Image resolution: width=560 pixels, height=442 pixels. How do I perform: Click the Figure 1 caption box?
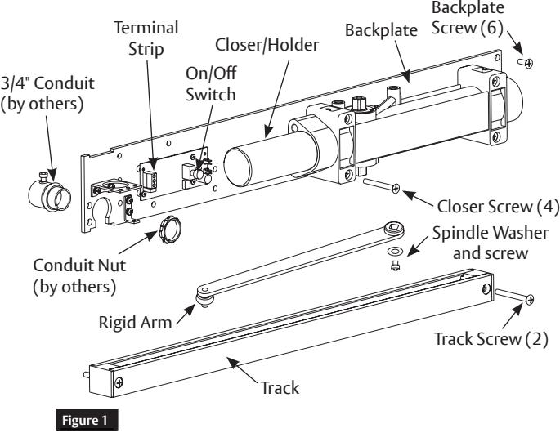point(87,420)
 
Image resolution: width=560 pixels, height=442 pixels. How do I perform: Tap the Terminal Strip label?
point(146,38)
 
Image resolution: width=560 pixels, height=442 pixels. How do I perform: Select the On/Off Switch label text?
point(211,84)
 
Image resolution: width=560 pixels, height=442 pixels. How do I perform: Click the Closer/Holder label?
point(267,45)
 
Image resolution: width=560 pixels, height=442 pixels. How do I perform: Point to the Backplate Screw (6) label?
point(468,18)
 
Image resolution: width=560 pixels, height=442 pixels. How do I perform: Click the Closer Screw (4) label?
point(498,207)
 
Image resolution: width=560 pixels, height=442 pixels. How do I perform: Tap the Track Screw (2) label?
point(491,339)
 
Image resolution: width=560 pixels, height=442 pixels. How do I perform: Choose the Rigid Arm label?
point(136,323)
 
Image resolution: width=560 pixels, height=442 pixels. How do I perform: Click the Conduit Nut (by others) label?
point(79,276)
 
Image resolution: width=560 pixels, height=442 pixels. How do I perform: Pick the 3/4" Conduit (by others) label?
point(47,94)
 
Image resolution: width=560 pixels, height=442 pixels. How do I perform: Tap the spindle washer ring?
point(395,252)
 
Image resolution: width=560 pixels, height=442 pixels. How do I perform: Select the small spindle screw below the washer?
point(395,266)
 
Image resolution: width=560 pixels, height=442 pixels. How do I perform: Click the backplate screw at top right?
point(526,63)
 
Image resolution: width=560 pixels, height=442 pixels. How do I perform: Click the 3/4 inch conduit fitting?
point(49,192)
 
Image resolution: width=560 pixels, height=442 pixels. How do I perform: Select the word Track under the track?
point(280,388)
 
